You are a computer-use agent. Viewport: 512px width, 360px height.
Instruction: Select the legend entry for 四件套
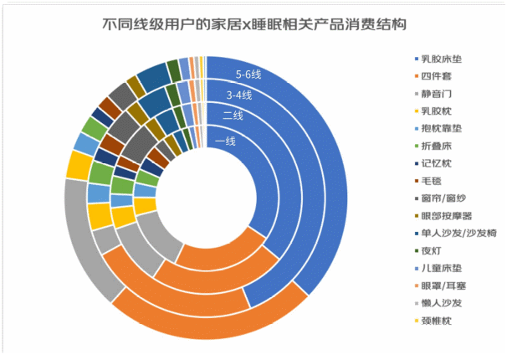pos(438,76)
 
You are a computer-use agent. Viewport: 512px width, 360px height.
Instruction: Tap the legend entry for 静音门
pos(438,93)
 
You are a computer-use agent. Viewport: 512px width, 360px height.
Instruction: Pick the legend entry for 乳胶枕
pos(438,110)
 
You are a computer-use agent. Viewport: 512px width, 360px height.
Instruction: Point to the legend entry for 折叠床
pos(438,143)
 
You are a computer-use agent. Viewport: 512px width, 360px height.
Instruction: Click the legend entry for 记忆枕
pos(438,160)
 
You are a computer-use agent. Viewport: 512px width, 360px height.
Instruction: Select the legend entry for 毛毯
pos(434,177)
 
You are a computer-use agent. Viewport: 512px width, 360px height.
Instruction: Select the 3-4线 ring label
pos(242,95)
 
